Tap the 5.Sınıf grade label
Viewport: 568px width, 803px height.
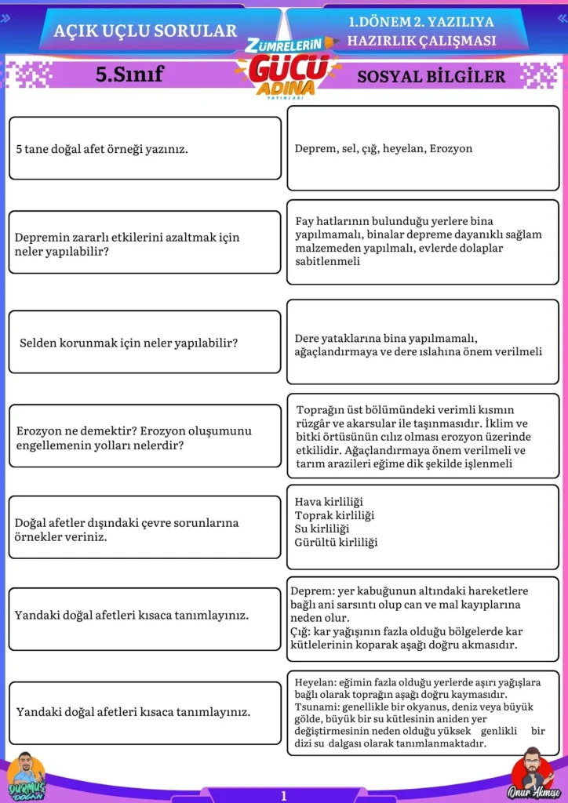coord(129,74)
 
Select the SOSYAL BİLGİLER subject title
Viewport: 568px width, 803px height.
coord(431,76)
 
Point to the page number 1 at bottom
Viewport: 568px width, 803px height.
coord(284,795)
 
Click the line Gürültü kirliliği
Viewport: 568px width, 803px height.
coord(336,542)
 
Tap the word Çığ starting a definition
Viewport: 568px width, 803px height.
coord(300,631)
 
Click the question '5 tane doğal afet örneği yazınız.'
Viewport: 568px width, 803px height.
coord(102,148)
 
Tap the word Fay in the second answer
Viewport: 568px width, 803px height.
coord(306,221)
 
